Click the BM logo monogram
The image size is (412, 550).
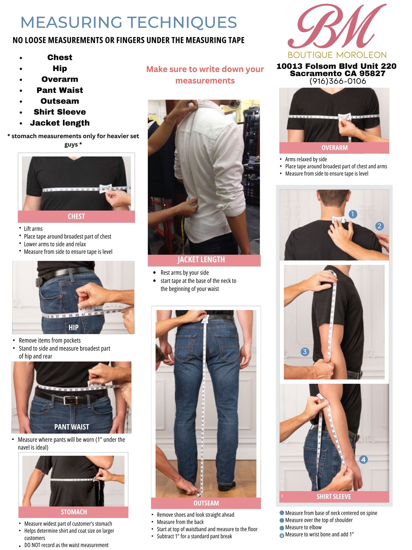click(337, 26)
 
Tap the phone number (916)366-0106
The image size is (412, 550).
click(338, 81)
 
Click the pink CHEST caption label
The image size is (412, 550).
click(76, 216)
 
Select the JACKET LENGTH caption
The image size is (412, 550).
click(201, 260)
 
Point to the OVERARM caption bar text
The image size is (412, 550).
click(334, 148)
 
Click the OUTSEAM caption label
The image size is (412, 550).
click(206, 503)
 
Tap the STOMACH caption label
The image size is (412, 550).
click(74, 512)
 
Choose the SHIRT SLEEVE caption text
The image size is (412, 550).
click(334, 497)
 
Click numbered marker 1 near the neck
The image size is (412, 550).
click(353, 214)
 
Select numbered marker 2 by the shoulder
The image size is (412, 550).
click(379, 226)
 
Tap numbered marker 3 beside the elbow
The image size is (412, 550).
click(305, 352)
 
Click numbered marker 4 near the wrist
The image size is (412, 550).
click(363, 460)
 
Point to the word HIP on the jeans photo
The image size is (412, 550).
click(73, 328)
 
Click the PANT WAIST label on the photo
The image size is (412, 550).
click(72, 427)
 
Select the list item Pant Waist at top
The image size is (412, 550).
click(60, 90)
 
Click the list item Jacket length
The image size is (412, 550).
click(60, 123)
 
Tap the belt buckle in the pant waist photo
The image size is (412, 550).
click(69, 400)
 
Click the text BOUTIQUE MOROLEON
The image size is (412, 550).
click(337, 55)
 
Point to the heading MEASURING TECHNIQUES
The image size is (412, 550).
click(129, 22)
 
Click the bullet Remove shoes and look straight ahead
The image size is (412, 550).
click(196, 515)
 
